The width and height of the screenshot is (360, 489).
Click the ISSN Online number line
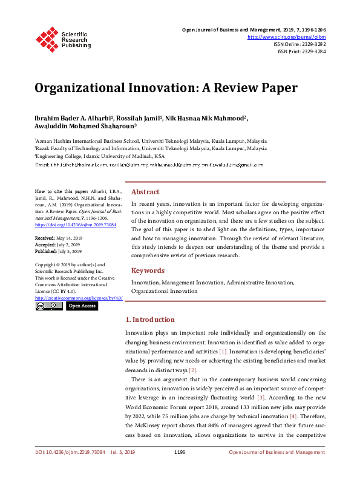click(x=301, y=44)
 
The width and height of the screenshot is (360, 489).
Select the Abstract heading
click(x=145, y=191)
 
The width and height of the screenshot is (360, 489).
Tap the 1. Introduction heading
click(x=150, y=320)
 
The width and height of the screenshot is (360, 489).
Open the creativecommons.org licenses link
click(x=79, y=298)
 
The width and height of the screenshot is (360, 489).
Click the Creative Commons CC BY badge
click(x=48, y=306)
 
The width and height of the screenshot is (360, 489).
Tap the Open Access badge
click(x=82, y=306)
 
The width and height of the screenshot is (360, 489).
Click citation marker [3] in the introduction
click(x=261, y=397)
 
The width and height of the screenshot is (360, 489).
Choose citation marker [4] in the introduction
click(x=293, y=417)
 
